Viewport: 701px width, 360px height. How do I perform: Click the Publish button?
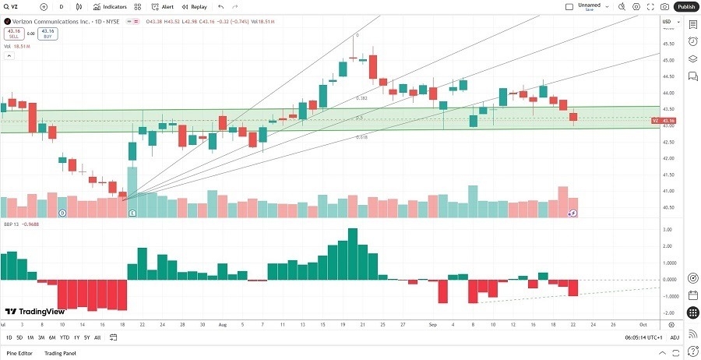[685, 6]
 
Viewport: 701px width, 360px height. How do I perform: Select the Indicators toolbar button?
[115, 6]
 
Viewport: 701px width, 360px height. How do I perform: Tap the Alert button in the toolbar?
[163, 6]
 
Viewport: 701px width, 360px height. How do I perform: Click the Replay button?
[195, 6]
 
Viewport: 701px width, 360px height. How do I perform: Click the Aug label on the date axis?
[222, 323]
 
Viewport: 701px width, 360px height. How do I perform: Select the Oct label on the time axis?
[643, 323]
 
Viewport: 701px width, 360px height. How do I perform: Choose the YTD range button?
[64, 337]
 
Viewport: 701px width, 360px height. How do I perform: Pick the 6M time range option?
[51, 337]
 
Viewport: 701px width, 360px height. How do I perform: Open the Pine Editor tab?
[19, 353]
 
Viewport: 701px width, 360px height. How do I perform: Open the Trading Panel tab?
[59, 353]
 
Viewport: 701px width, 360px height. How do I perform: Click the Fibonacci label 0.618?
[361, 137]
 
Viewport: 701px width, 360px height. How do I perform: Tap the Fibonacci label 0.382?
[361, 98]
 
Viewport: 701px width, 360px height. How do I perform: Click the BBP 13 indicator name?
[12, 224]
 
